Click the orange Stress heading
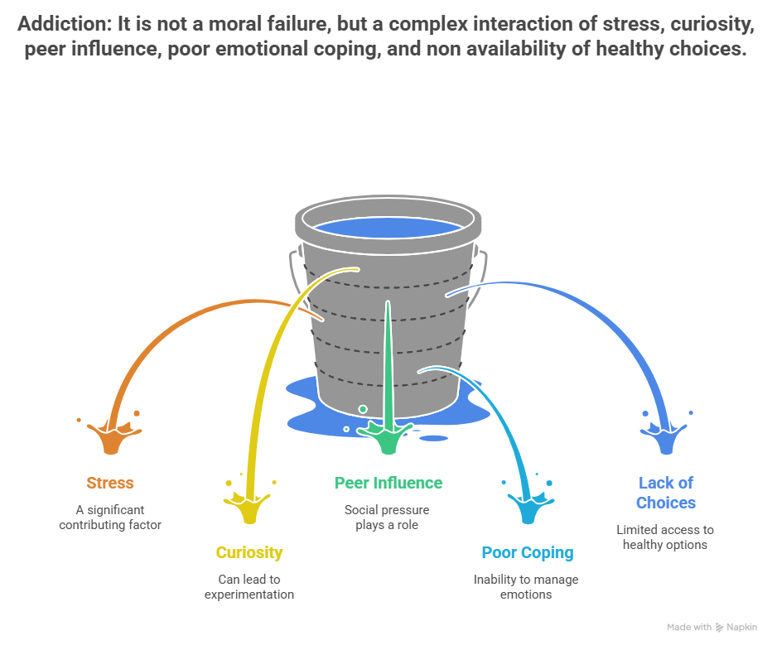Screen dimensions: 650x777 coord(109,483)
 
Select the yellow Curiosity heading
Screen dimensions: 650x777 coord(249,552)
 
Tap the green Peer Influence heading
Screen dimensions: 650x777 coord(388,483)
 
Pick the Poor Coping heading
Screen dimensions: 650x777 coord(527,552)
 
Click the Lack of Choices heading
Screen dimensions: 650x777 coord(665,492)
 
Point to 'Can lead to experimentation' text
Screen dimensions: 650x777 coord(249,587)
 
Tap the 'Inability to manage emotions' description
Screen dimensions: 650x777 coord(527,587)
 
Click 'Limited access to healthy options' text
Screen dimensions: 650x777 coord(665,537)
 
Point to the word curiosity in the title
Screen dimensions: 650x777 coord(712,25)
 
